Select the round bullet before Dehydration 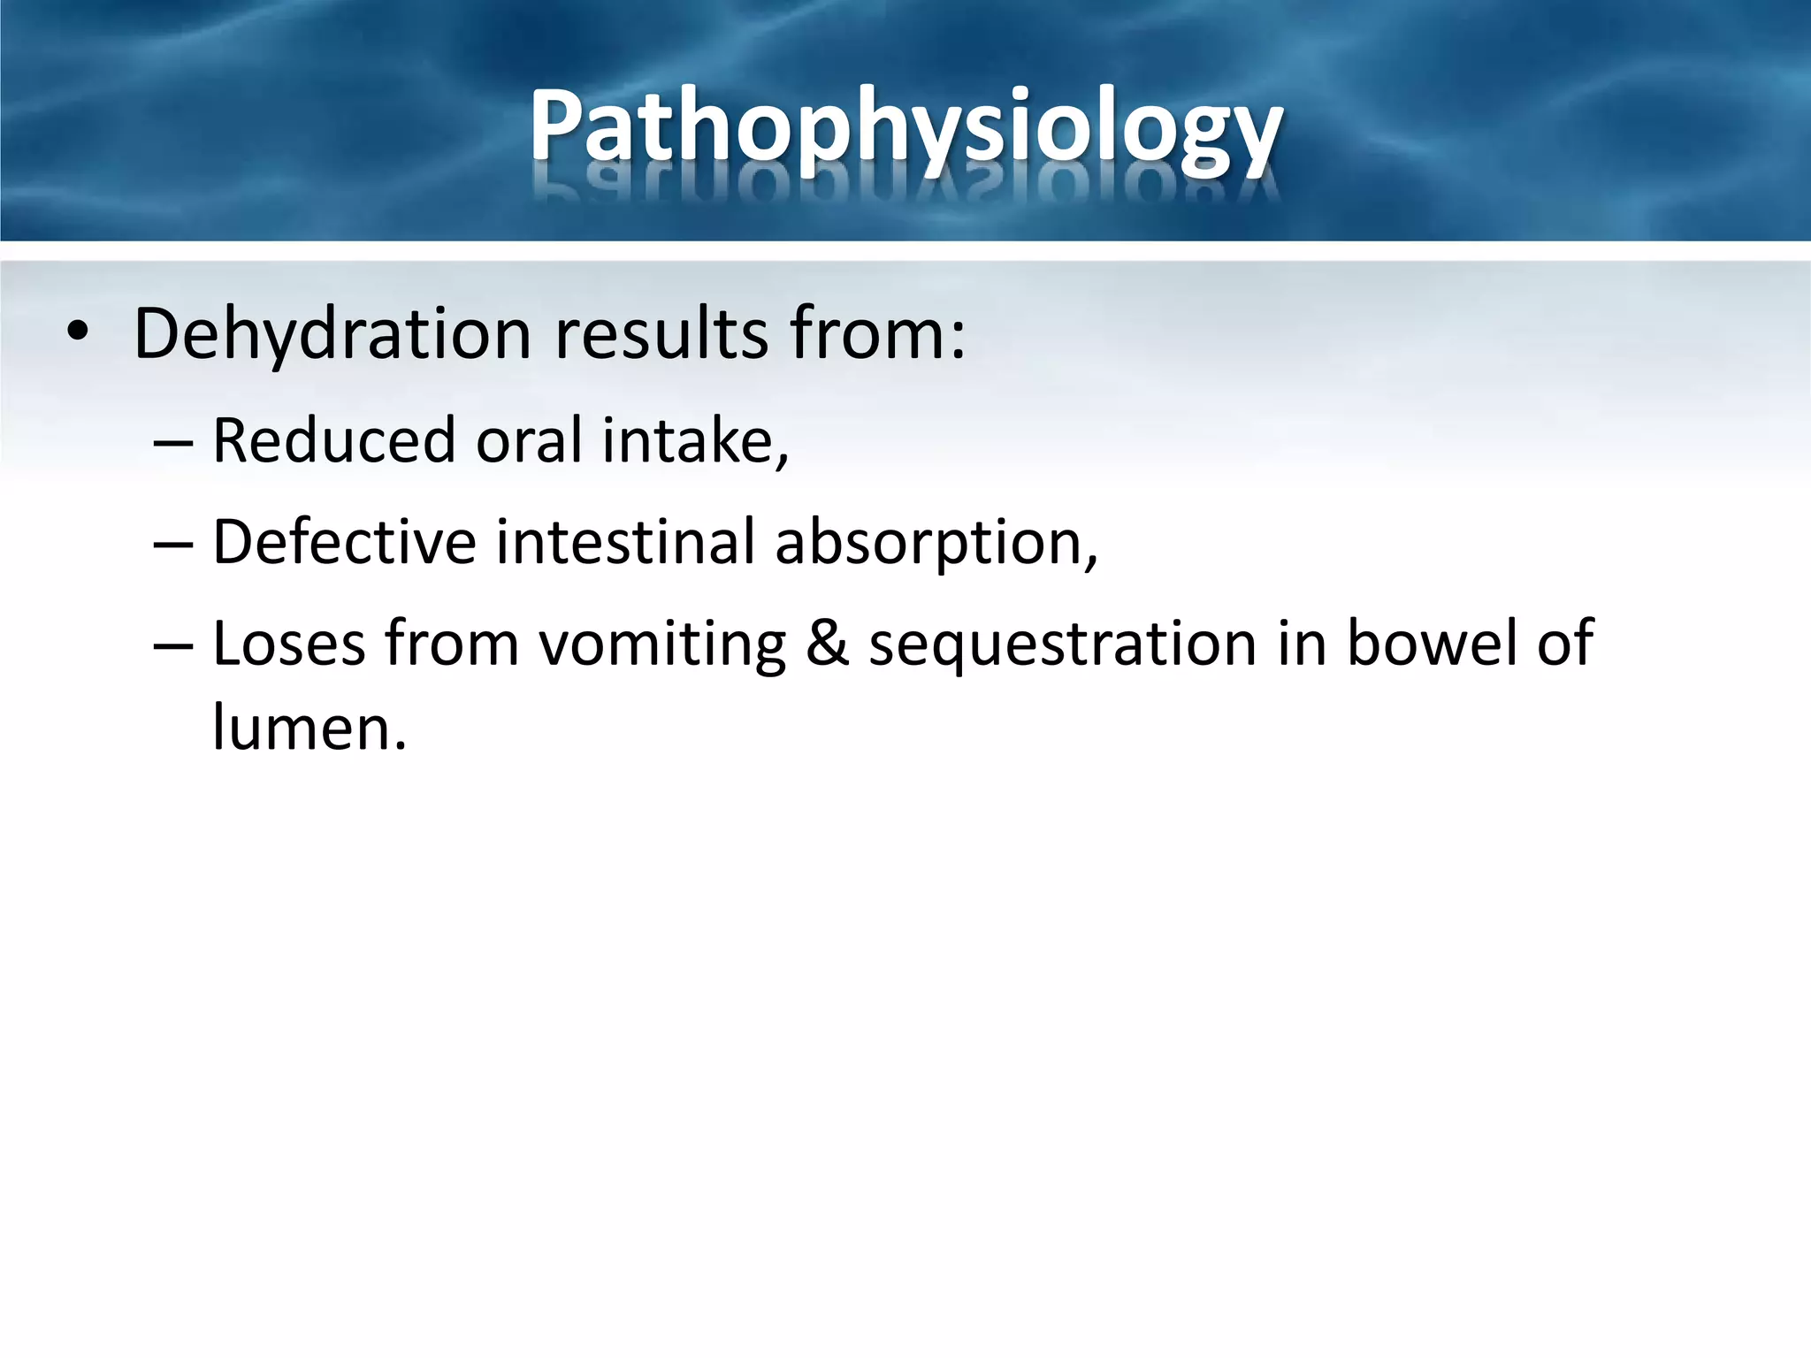point(78,333)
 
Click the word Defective point(344,541)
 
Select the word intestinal point(624,541)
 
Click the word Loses point(289,643)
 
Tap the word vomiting point(662,645)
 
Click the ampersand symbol point(827,643)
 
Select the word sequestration point(1062,645)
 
